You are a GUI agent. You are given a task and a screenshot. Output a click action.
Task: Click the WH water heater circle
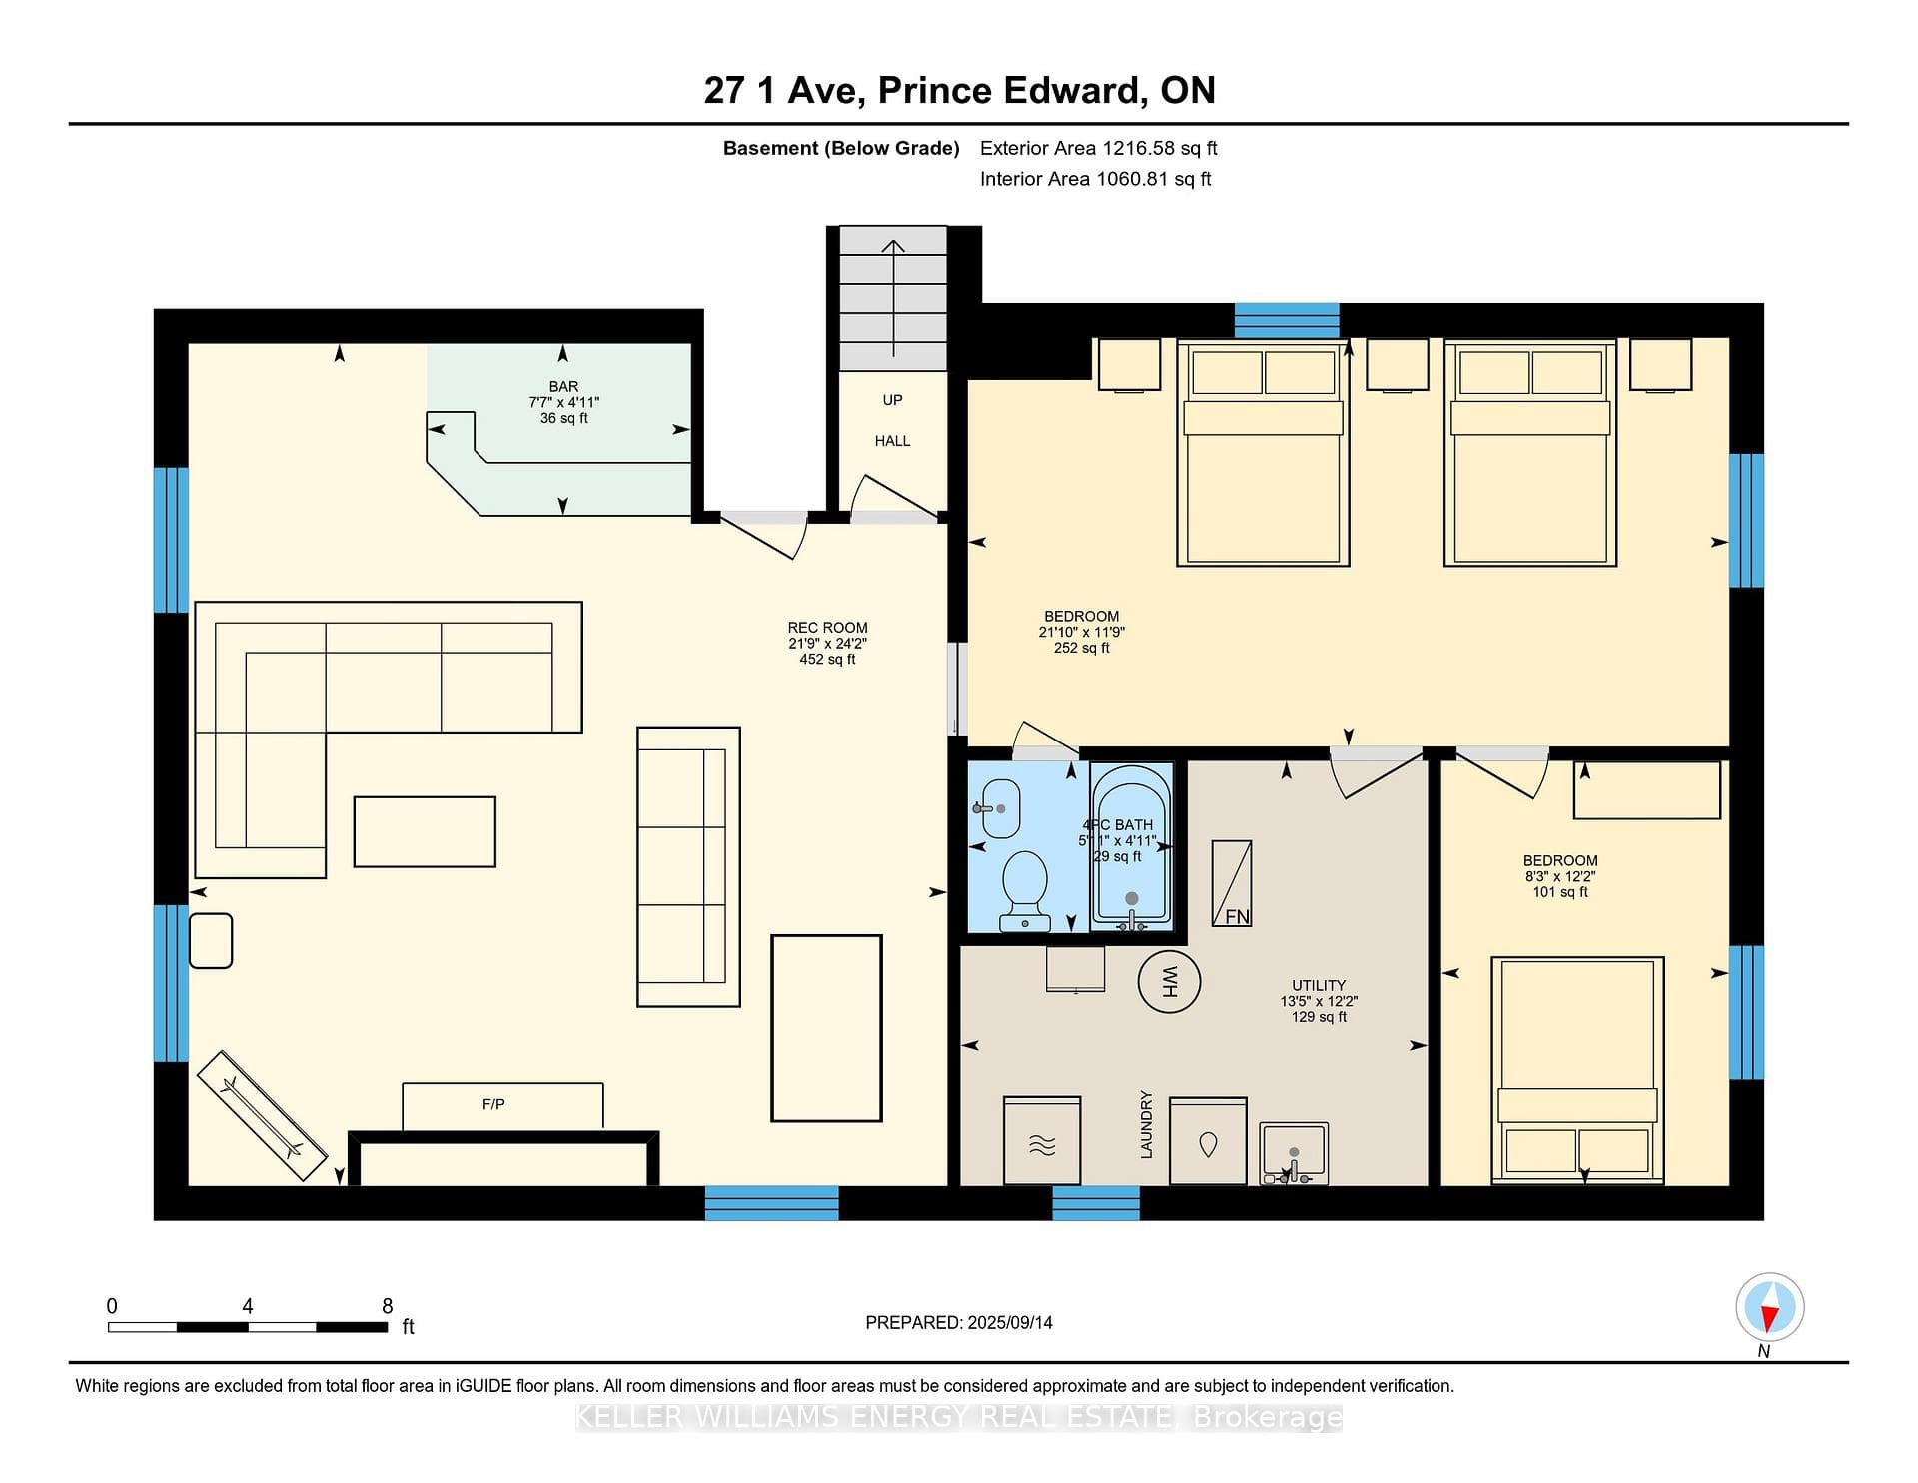[1169, 981]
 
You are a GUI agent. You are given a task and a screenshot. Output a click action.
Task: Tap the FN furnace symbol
[1232, 883]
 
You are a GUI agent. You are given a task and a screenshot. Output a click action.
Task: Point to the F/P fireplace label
[493, 1104]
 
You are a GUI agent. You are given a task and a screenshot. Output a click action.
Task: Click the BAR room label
[563, 386]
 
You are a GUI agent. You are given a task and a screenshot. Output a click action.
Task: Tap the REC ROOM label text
[827, 628]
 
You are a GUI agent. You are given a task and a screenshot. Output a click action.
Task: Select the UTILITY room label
[1319, 985]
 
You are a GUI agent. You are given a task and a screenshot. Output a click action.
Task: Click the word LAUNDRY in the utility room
[1146, 1125]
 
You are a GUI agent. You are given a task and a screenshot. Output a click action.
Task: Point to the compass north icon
[1769, 1307]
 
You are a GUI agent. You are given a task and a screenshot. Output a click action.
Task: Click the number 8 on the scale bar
[388, 1305]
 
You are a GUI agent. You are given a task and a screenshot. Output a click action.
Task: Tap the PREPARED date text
[959, 1322]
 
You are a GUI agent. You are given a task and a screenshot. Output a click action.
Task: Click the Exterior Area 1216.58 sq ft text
[1098, 148]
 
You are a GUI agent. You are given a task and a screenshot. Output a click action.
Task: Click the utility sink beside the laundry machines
[1294, 1153]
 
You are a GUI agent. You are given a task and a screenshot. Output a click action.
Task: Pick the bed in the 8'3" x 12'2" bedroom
[1577, 1070]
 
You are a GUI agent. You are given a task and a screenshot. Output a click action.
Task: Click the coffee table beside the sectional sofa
[425, 831]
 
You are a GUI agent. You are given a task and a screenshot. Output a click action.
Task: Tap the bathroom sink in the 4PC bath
[999, 808]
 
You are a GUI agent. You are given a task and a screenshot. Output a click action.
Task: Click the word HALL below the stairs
[892, 440]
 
